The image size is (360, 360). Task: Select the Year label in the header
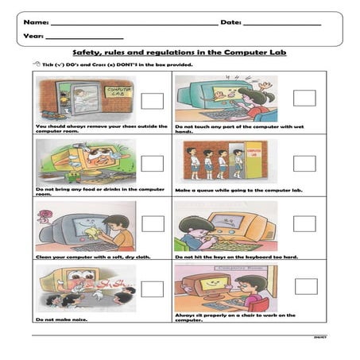pos(33,37)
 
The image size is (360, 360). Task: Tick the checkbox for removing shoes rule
pos(152,101)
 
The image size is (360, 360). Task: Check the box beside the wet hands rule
pos(304,97)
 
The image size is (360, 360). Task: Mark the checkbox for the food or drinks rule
pos(152,164)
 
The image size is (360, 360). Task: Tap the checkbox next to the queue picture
pos(304,163)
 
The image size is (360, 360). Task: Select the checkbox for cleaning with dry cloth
pos(152,226)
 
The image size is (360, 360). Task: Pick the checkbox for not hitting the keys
pos(304,223)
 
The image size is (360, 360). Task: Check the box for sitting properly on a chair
pos(304,286)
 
